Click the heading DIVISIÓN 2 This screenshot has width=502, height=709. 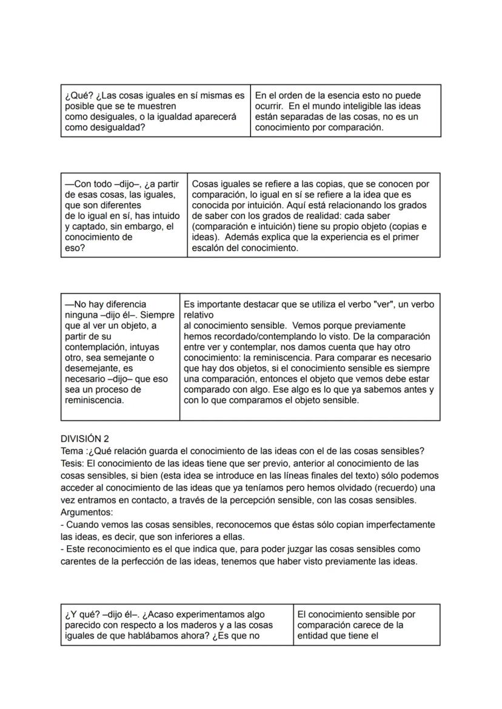pos(84,439)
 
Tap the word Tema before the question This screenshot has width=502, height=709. pos(72,451)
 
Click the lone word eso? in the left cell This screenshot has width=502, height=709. pos(75,248)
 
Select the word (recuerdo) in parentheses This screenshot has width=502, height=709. pos(392,488)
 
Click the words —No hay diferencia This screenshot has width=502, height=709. pos(105,304)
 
